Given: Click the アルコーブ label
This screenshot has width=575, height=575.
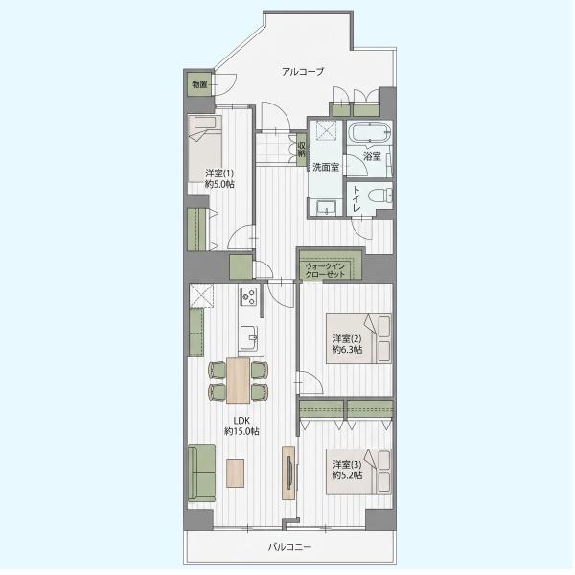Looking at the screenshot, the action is tap(303, 71).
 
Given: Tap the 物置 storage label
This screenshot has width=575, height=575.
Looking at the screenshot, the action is tap(199, 84).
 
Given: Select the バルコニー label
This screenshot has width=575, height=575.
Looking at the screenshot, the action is tap(289, 547).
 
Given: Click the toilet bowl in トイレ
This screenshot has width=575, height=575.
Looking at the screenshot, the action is tap(379, 195).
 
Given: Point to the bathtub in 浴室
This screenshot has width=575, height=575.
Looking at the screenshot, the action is tap(369, 132).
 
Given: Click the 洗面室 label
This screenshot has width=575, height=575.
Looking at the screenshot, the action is tap(326, 167).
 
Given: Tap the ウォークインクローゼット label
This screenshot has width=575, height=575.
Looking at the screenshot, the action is tap(325, 270).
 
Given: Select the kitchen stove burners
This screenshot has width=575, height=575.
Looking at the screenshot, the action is tap(248, 296).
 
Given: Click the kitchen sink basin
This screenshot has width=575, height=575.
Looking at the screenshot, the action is tap(249, 337).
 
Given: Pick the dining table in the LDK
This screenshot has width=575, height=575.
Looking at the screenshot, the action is tap(239, 380).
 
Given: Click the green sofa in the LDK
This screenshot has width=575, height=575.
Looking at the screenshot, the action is tap(201, 472).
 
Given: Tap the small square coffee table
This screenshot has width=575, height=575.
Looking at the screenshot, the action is tap(235, 473).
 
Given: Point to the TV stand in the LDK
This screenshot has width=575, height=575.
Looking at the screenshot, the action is tap(288, 472).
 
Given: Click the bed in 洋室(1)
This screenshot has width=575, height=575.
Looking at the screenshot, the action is tap(205, 149).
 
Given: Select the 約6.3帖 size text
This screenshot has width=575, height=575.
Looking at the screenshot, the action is tap(347, 350).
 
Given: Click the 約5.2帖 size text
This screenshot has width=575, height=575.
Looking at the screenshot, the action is tap(347, 475).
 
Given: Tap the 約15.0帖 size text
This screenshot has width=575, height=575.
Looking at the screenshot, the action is tap(241, 431).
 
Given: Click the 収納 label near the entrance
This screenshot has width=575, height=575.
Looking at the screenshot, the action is tap(302, 149).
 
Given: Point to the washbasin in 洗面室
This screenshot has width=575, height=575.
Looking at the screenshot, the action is tap(326, 208).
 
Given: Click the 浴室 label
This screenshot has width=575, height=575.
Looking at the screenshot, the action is tap(372, 157).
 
